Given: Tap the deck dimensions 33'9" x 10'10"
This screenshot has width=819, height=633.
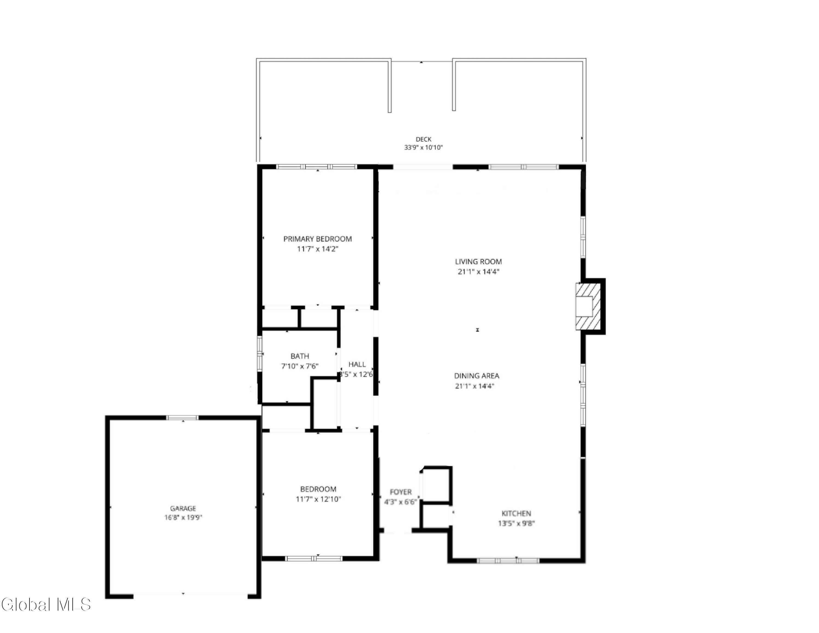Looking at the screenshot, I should pos(423,148).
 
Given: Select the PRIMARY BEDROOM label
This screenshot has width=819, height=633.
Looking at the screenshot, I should pos(317,239).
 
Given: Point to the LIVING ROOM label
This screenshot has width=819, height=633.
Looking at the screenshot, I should pos(478,262).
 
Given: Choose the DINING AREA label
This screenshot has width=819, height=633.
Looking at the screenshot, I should pos(477,376).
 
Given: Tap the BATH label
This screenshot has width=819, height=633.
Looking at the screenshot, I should pos(300,356).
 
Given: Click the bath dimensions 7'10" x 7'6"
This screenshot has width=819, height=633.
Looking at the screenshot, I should pos(300,366).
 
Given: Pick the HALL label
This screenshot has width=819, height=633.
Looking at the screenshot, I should pos(357,364).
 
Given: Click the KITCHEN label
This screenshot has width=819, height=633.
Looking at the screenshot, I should pos(516,513).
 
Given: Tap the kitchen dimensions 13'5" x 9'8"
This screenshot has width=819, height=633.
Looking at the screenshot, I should pos(516,523).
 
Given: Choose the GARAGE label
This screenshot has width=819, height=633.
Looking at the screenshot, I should pos(183,508).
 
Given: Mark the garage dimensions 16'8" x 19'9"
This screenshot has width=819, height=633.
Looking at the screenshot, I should pos(183,518).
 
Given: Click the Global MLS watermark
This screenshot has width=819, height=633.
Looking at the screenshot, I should pos(46,605).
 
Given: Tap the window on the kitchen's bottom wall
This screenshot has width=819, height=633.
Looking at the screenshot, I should pos(508,561).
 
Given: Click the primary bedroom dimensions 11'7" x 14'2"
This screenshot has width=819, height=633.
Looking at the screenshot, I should pos(317,249).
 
